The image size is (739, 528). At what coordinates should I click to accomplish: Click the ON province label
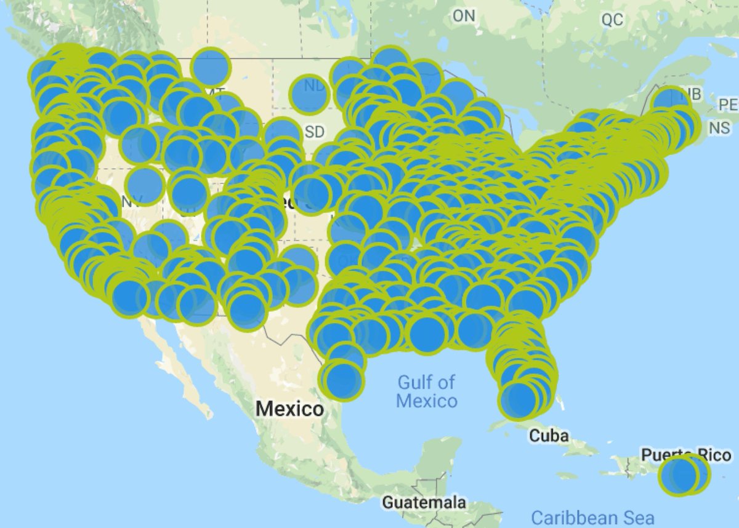click(464, 16)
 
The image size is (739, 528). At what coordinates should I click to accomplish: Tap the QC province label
click(612, 20)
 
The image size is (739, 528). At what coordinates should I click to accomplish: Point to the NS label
click(719, 128)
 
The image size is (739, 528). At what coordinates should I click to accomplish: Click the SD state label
click(314, 132)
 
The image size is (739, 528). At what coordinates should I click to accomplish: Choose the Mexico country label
click(289, 408)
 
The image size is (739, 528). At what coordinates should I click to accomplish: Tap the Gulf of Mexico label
click(426, 391)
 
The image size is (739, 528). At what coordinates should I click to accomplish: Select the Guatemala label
click(424, 502)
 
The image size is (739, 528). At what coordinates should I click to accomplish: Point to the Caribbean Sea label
click(592, 518)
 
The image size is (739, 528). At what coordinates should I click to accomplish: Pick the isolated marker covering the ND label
click(309, 94)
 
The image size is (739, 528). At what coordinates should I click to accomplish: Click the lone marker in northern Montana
click(211, 66)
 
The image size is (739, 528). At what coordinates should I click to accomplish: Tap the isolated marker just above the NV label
click(145, 183)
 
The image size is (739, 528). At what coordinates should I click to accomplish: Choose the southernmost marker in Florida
click(519, 400)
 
